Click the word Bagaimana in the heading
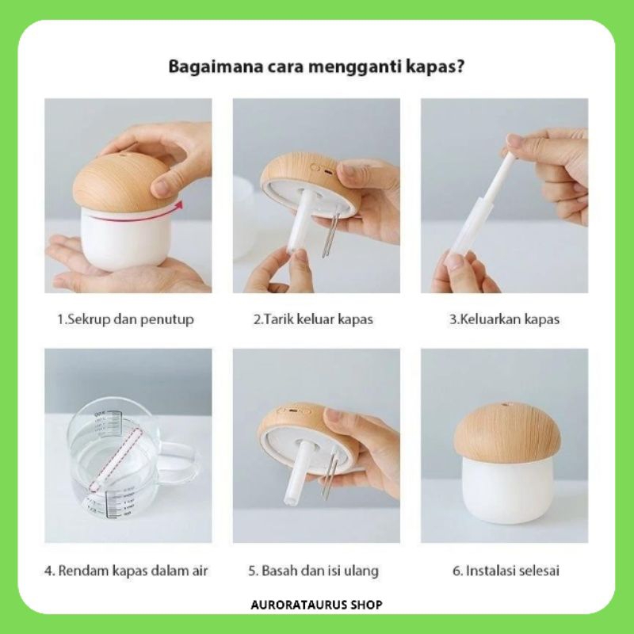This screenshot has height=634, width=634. (216, 67)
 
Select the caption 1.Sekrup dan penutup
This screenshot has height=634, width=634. (125, 319)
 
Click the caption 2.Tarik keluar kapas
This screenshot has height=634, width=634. (313, 319)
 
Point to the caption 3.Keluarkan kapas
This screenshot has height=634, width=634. (504, 319)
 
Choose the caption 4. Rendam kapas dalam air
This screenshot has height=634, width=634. (126, 571)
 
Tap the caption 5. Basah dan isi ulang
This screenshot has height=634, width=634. (313, 571)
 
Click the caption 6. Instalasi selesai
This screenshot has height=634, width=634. (506, 571)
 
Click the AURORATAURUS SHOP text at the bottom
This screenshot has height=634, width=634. (316, 605)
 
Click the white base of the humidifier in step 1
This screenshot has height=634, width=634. (126, 239)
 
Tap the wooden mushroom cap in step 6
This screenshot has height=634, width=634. (507, 430)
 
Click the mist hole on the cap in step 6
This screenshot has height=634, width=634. (505, 405)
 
